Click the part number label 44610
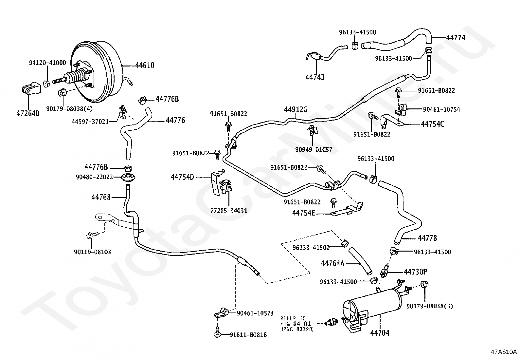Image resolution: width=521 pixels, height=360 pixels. (145, 66)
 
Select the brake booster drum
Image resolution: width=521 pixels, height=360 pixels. (98, 72)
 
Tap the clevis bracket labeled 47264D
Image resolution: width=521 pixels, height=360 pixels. (31, 89)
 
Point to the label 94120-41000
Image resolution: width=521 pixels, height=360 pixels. (47, 63)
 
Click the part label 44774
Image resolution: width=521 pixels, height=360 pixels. (456, 38)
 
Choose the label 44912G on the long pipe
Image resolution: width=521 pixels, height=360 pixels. (296, 109)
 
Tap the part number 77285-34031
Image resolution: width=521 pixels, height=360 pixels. (229, 211)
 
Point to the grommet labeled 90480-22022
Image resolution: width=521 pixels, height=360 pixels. (129, 179)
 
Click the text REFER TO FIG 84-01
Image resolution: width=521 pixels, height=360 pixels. (296, 321)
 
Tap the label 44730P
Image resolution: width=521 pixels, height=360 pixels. (415, 272)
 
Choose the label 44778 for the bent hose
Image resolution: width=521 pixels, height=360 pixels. (427, 238)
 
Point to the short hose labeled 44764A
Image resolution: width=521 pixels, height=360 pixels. (360, 261)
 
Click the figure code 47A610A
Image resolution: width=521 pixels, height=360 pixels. (504, 352)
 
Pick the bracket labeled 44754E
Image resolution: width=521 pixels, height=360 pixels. (347, 210)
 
